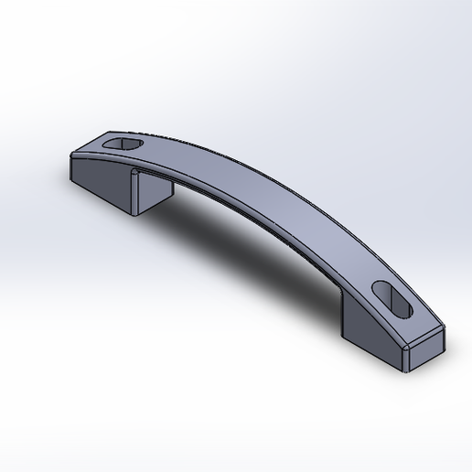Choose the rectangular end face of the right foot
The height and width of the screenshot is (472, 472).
(425, 351)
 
